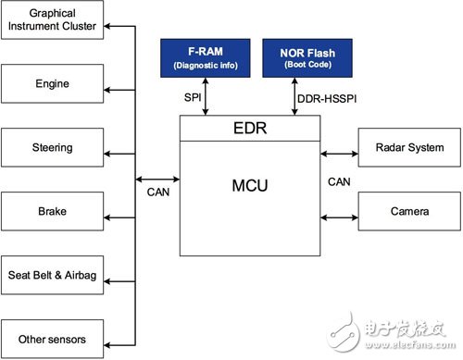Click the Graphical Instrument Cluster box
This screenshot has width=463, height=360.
click(x=54, y=21)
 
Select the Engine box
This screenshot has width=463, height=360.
click(x=54, y=84)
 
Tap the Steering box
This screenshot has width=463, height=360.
click(x=54, y=147)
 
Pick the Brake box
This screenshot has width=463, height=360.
click(x=54, y=211)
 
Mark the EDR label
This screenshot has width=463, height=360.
click(x=249, y=129)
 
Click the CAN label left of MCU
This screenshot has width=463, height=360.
click(x=157, y=193)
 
